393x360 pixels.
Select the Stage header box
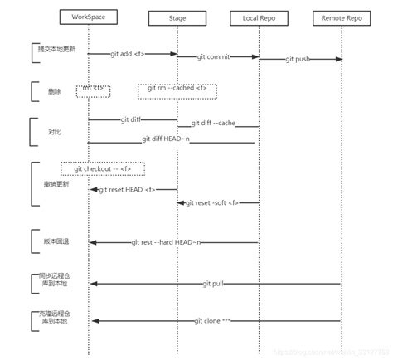[177, 17]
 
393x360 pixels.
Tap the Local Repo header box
[259, 17]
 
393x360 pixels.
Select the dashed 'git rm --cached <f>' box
[177, 88]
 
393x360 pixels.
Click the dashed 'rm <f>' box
[94, 88]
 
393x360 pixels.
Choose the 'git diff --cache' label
[218, 124]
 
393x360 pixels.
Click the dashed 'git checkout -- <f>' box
[102, 168]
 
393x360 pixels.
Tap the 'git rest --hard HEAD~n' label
[167, 242]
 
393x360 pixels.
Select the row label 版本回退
[56, 241]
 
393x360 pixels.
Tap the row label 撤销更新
[56, 183]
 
